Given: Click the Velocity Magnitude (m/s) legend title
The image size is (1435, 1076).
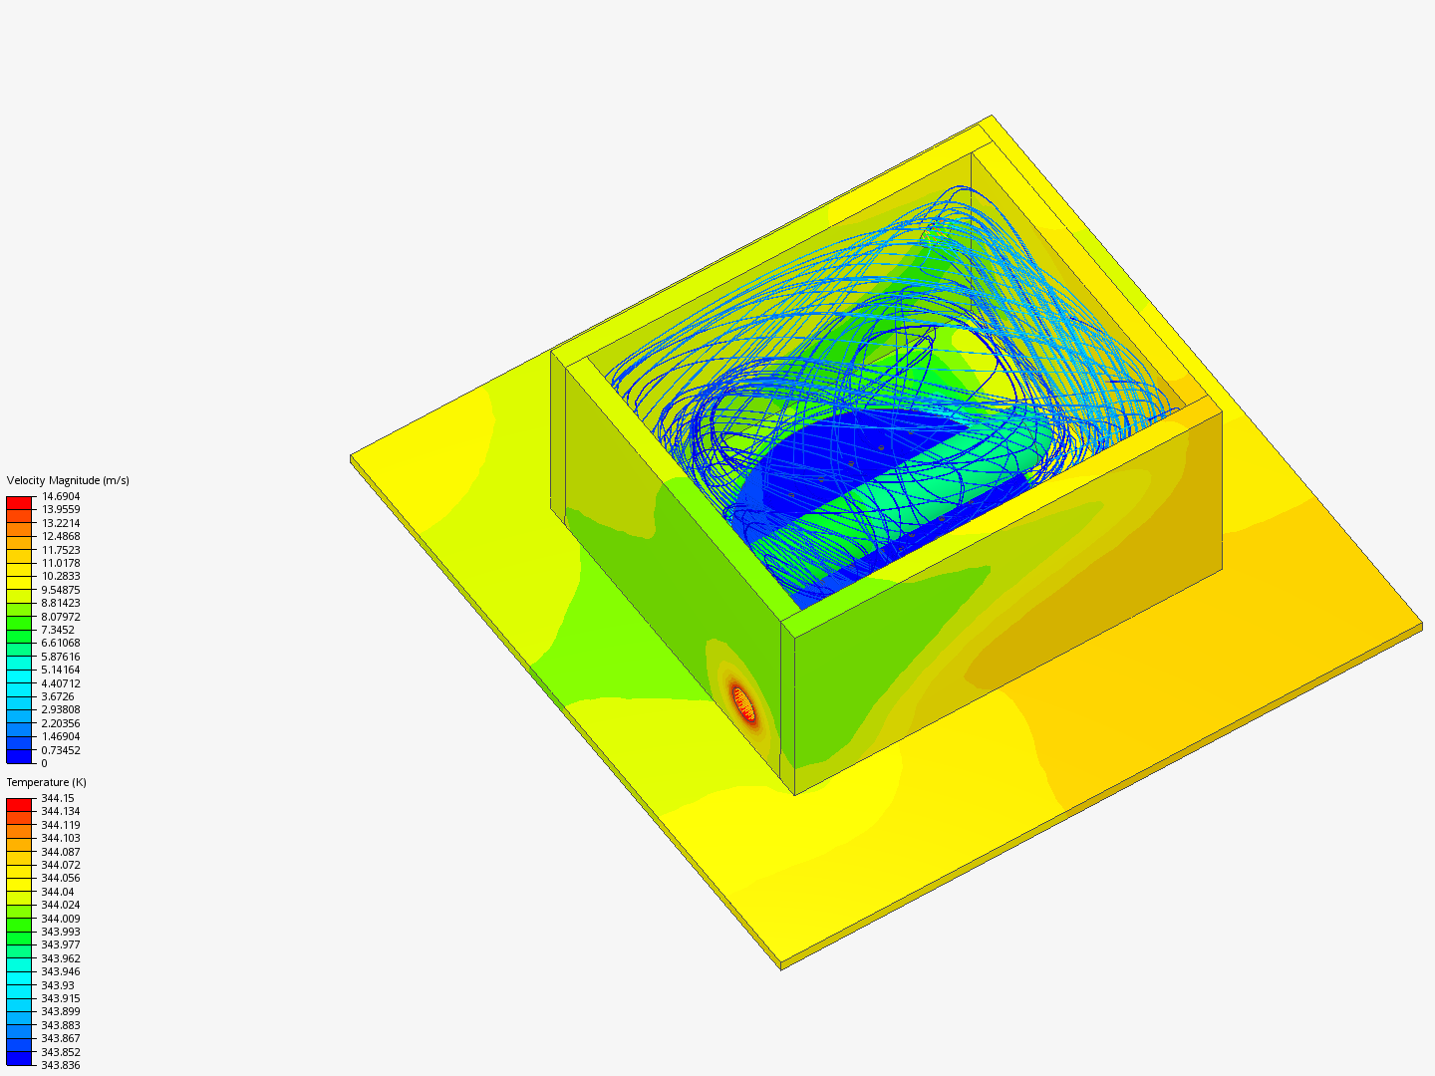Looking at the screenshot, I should pos(68,480).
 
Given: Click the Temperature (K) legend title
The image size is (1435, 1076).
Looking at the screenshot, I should pos(46,782).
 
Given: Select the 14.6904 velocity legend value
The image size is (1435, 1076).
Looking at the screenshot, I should pos(60,496).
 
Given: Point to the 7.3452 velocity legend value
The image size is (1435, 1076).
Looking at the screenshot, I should pos(57,630).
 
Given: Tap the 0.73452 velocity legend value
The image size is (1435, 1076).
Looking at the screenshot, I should pos(60,750).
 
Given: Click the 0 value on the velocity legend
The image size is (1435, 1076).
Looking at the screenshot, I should pos(44,763).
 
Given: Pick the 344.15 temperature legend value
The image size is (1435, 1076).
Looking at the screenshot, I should pos(57,798).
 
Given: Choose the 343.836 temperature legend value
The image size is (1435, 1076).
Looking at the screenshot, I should pos(60,1065).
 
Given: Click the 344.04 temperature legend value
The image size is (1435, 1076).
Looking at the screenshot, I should pos(57,892).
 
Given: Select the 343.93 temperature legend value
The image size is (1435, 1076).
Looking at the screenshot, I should pos(57,985).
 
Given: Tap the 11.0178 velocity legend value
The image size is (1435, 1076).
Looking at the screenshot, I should pos(60,563).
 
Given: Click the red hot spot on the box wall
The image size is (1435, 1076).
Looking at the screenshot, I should pos(742,703).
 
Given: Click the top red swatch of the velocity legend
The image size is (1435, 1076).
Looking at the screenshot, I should pos(20,503).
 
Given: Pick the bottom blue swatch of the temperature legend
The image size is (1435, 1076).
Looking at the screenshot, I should pos(20,1058).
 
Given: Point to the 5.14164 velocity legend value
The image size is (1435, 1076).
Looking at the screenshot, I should pos(60,670).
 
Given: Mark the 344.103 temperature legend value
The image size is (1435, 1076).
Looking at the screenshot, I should pos(60,838).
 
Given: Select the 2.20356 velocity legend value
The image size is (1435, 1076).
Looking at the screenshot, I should pos(60,723).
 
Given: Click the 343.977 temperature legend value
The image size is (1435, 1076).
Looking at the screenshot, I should pos(60,944).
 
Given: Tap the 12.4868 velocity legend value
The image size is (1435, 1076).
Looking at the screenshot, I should pos(60,536).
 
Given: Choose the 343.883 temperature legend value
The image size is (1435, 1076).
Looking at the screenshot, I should pos(60,1025).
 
